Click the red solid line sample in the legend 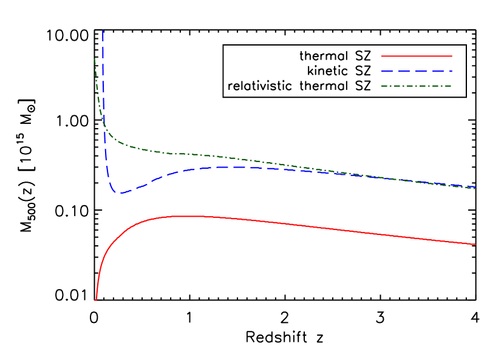[417, 56]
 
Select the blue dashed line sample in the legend [417, 71]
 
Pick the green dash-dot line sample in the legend [417, 86]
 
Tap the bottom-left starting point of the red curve [95, 300]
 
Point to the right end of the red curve [475, 245]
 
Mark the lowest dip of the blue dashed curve [118, 193]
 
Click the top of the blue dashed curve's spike [103, 30]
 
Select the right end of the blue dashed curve [475, 187]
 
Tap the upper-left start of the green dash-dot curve [94, 59]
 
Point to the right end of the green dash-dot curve [475, 188]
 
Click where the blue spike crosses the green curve [104, 124]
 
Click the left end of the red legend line [382, 56]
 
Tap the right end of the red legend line [452, 56]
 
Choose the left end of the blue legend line [382, 71]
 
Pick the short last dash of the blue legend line [450, 71]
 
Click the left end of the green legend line [382, 86]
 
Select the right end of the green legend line [452, 86]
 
